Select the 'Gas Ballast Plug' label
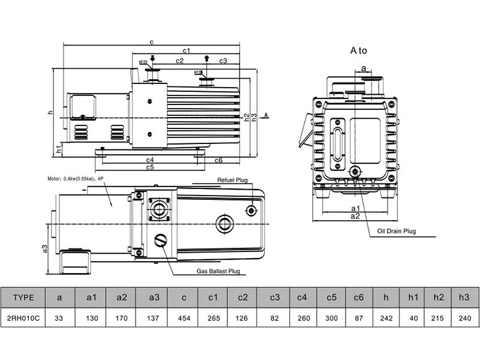(218, 271)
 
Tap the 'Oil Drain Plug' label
(396, 230)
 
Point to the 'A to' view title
(358, 51)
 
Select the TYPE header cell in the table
(23, 297)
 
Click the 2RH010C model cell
(23, 317)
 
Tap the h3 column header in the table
(464, 297)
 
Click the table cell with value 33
(59, 317)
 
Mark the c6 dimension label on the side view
(218, 160)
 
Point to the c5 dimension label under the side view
(150, 167)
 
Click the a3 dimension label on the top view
(45, 248)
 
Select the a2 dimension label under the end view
(355, 215)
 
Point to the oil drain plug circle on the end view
(355, 172)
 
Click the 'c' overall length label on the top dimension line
(152, 42)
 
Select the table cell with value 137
(151, 317)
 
